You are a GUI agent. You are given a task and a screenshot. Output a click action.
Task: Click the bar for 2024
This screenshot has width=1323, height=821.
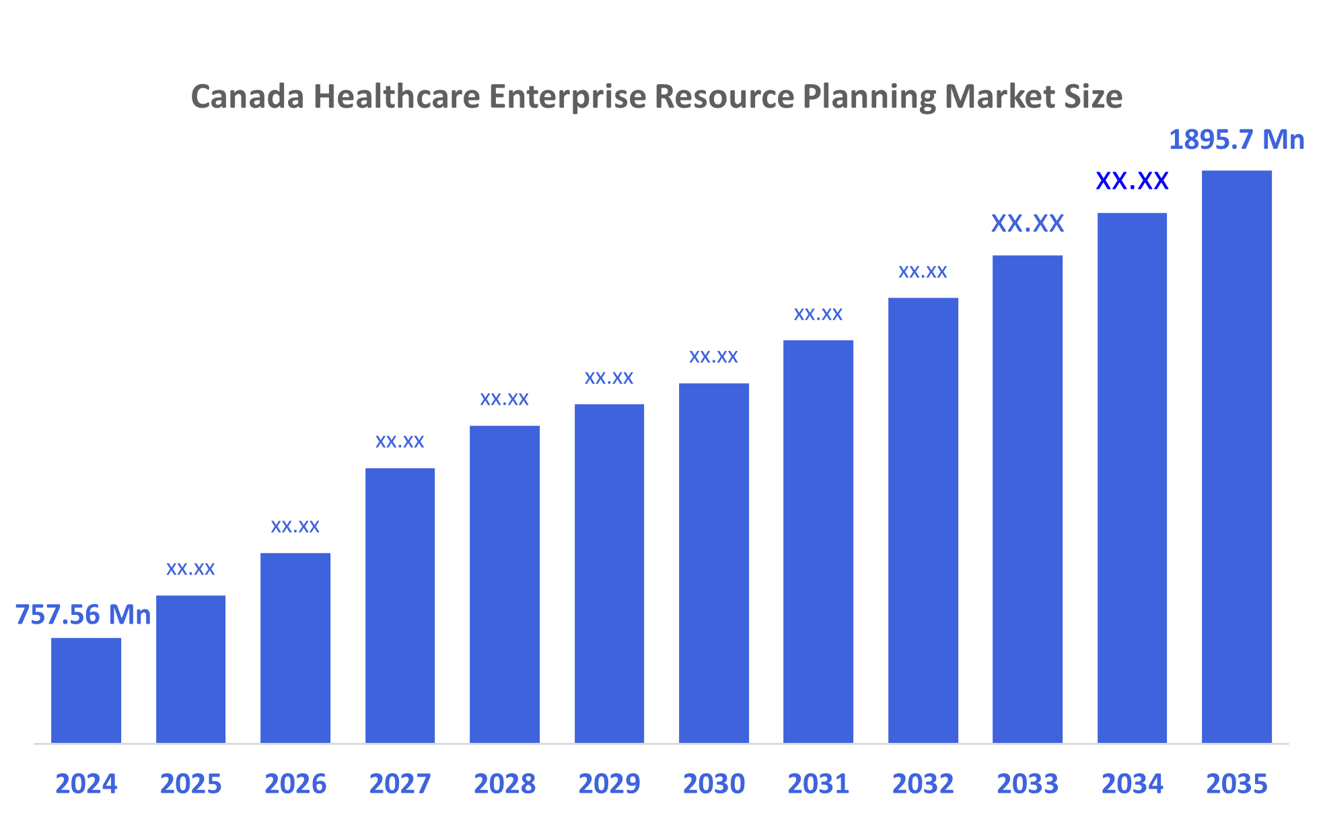[x=86, y=690]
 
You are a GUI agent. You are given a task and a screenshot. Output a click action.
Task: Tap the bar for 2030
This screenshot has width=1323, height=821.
[x=713, y=562]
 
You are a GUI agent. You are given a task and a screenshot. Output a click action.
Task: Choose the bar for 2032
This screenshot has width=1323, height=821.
[x=923, y=520]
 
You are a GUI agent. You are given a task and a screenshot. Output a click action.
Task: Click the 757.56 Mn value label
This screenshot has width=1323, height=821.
[x=83, y=615]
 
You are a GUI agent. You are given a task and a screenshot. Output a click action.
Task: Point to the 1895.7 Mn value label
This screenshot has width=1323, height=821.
[x=1236, y=140]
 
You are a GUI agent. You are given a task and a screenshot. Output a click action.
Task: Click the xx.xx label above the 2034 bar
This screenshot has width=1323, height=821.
[x=1132, y=181]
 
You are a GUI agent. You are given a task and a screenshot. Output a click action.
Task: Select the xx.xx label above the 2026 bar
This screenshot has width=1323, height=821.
[x=295, y=527]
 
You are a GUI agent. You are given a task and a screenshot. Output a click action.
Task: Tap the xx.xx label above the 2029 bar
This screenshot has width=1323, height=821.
[x=609, y=379]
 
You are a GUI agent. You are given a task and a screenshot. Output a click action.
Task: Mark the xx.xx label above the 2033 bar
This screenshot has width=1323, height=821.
[x=1028, y=224]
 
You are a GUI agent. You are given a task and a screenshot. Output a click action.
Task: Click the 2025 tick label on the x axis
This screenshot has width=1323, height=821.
[x=190, y=784]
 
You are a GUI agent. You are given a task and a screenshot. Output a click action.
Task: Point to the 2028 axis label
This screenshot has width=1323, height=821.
[x=505, y=784]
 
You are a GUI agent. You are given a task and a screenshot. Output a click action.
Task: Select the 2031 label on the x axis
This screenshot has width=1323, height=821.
[x=818, y=784]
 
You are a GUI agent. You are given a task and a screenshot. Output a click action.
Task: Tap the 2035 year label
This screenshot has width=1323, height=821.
[x=1236, y=784]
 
